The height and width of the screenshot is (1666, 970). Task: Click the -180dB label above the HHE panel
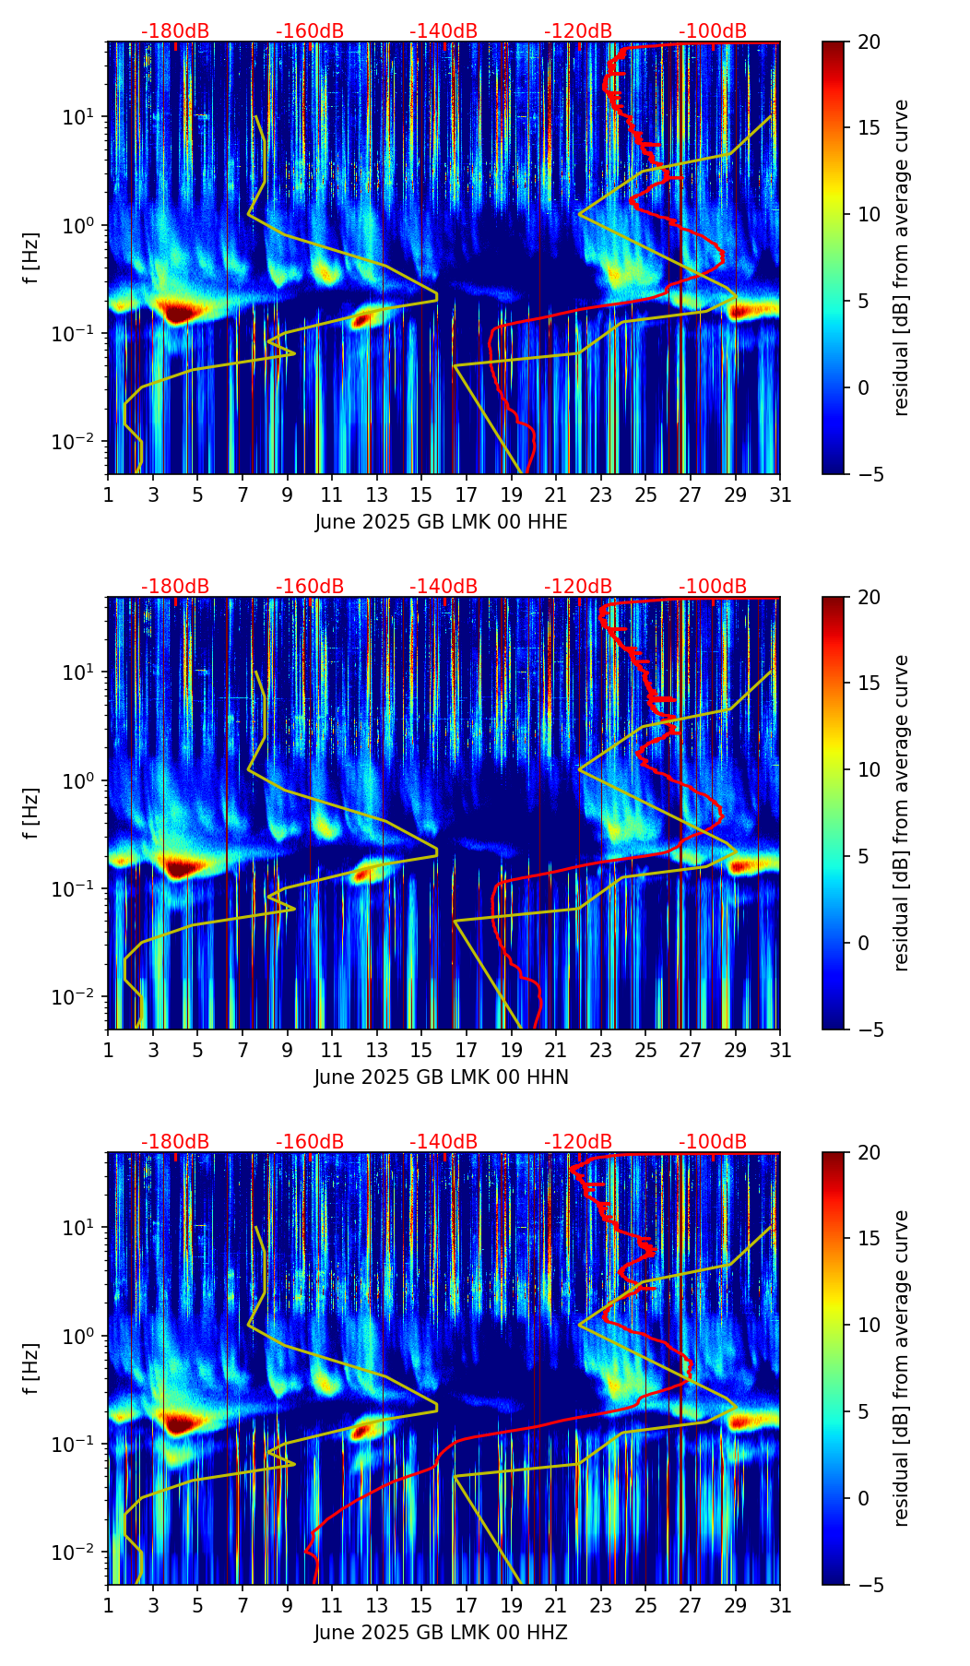coord(175,31)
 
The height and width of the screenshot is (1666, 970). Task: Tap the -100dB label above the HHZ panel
coord(713,1142)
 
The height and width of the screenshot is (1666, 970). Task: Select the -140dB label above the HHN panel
coord(444,587)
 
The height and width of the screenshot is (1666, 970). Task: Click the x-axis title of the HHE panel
coord(441,522)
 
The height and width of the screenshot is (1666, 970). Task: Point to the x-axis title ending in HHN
coord(441,1077)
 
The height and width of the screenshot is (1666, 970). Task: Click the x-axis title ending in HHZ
coord(441,1633)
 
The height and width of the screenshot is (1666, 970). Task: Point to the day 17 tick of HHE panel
coord(467,494)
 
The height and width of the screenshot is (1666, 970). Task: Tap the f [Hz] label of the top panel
coord(31,258)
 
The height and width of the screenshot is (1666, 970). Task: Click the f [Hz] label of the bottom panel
coord(31,1369)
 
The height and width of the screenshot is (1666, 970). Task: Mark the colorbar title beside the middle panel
coord(902,813)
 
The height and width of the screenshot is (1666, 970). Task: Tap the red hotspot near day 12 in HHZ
coord(361,1431)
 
